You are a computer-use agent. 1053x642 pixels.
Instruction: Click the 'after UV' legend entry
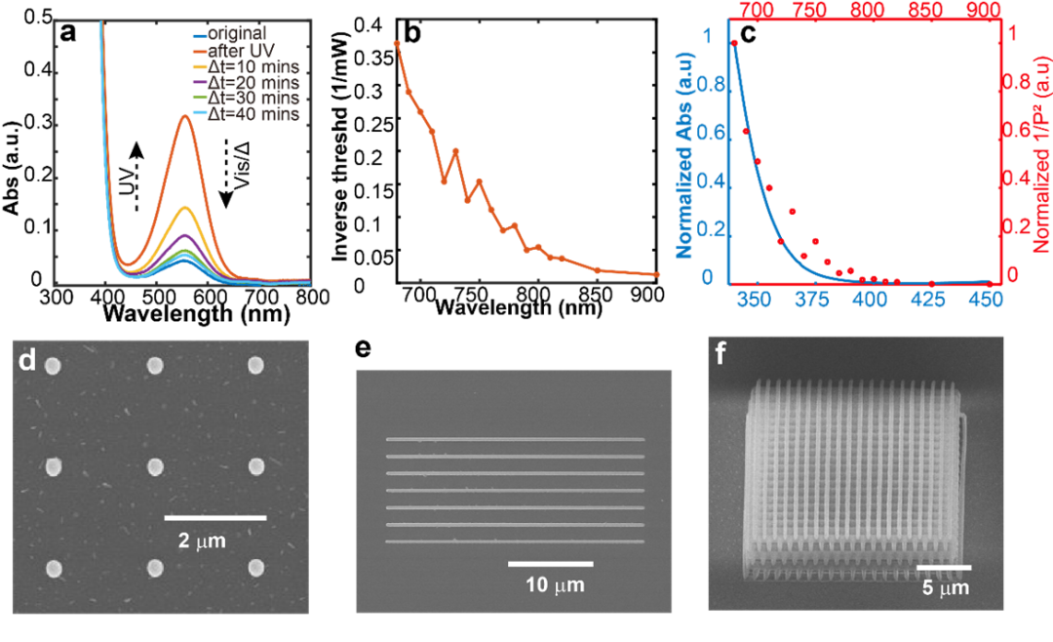[243, 51]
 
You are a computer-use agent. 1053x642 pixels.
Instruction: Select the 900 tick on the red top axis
[986, 10]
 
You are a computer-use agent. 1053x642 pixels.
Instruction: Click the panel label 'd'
[27, 360]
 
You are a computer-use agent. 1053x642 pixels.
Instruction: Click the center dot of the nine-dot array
[154, 466]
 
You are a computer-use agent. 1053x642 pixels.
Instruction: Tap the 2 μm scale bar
[215, 516]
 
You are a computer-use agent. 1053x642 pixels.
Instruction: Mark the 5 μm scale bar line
[943, 566]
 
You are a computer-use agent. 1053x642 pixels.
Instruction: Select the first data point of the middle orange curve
[397, 44]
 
